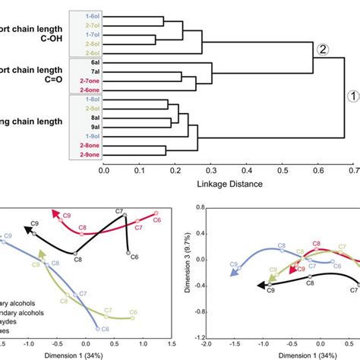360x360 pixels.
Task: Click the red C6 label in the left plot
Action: point(156,220)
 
